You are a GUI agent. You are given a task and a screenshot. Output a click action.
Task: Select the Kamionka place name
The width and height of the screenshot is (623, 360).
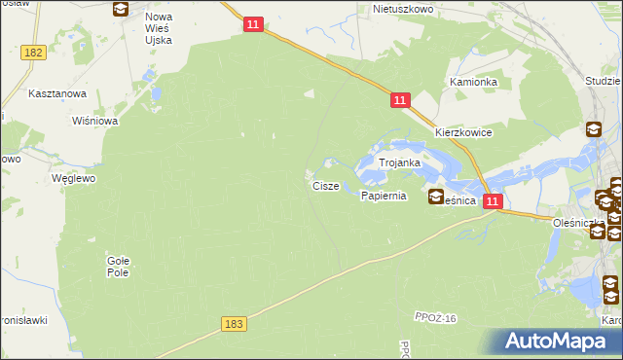(473, 83)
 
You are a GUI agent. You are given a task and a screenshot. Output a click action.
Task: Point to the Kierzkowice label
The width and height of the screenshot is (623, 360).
(463, 132)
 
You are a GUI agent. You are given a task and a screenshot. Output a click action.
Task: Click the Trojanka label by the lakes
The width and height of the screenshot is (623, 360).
(399, 163)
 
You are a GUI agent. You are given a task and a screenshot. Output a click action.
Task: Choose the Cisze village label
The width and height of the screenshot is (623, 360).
(326, 185)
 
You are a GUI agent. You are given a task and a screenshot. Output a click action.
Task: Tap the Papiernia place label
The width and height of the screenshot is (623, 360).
(383, 196)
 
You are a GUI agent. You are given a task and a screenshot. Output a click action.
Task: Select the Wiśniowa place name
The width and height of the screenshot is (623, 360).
(94, 122)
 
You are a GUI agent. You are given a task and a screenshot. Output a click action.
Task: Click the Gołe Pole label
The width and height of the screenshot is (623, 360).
(118, 266)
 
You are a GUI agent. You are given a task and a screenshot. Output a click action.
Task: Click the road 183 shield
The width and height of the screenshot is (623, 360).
(231, 323)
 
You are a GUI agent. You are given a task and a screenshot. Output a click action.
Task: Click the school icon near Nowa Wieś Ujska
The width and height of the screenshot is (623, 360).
(120, 10)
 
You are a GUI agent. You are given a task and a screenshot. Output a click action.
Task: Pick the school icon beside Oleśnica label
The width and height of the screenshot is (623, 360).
(435, 198)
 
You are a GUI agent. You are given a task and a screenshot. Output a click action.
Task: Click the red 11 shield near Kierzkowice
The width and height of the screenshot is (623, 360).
(400, 100)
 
